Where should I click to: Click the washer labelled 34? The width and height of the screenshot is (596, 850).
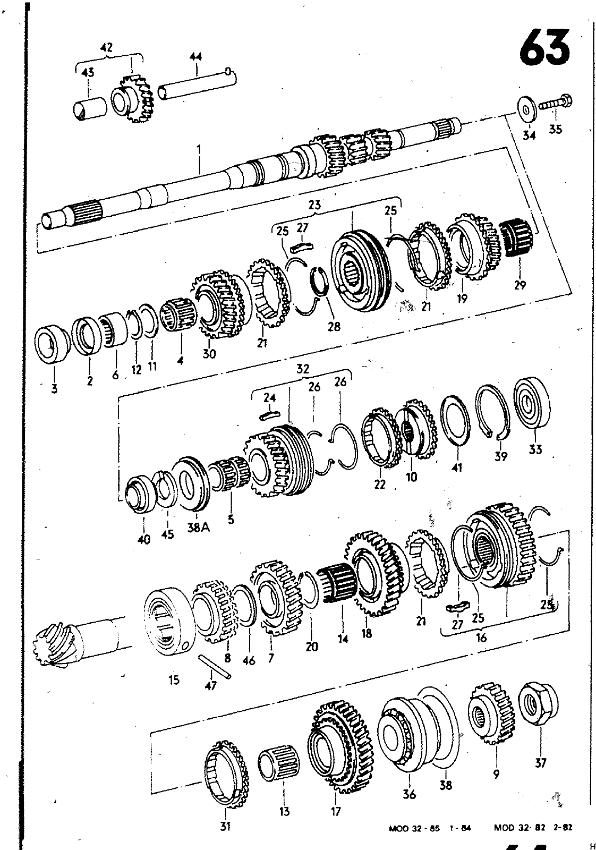(526, 109)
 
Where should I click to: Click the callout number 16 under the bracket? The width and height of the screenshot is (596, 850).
(481, 637)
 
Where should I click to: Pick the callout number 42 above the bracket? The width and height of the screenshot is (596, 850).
(106, 47)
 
